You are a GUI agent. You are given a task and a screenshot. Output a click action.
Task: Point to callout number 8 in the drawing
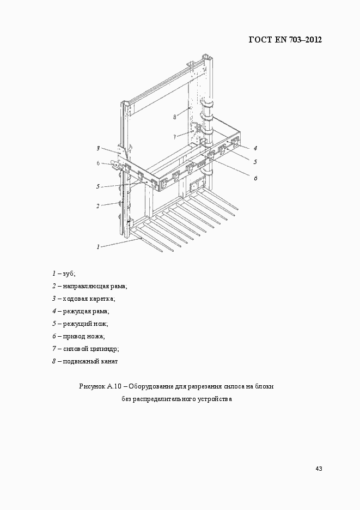point(175,117)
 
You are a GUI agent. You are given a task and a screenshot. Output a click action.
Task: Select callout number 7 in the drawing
point(175,136)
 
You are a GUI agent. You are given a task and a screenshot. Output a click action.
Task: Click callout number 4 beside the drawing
point(255,148)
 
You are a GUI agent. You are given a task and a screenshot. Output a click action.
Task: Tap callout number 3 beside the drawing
point(99,148)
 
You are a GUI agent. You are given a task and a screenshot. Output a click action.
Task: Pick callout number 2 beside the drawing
point(98,206)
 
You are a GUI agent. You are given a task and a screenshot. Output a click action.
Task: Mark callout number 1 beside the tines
point(98,247)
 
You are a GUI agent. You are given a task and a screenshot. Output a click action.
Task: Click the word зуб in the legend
point(68,273)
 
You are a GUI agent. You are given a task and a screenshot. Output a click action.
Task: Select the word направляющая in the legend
point(86,286)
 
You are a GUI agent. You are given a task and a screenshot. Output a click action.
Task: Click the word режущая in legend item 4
point(79,311)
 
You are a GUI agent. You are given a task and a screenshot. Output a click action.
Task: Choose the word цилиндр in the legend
point(104,349)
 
